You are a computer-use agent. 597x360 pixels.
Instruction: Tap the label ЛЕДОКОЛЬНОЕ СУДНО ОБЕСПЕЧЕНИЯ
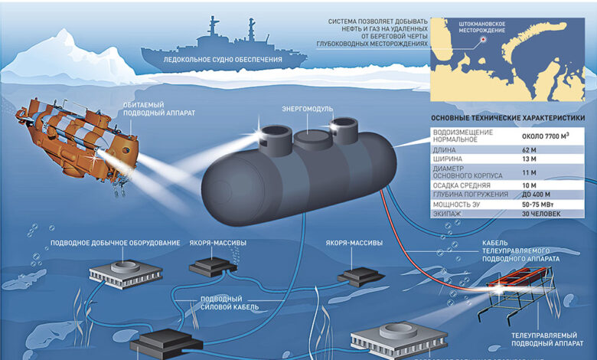click(221, 59)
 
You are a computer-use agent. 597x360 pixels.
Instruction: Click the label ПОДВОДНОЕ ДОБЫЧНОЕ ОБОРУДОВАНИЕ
click(116, 243)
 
